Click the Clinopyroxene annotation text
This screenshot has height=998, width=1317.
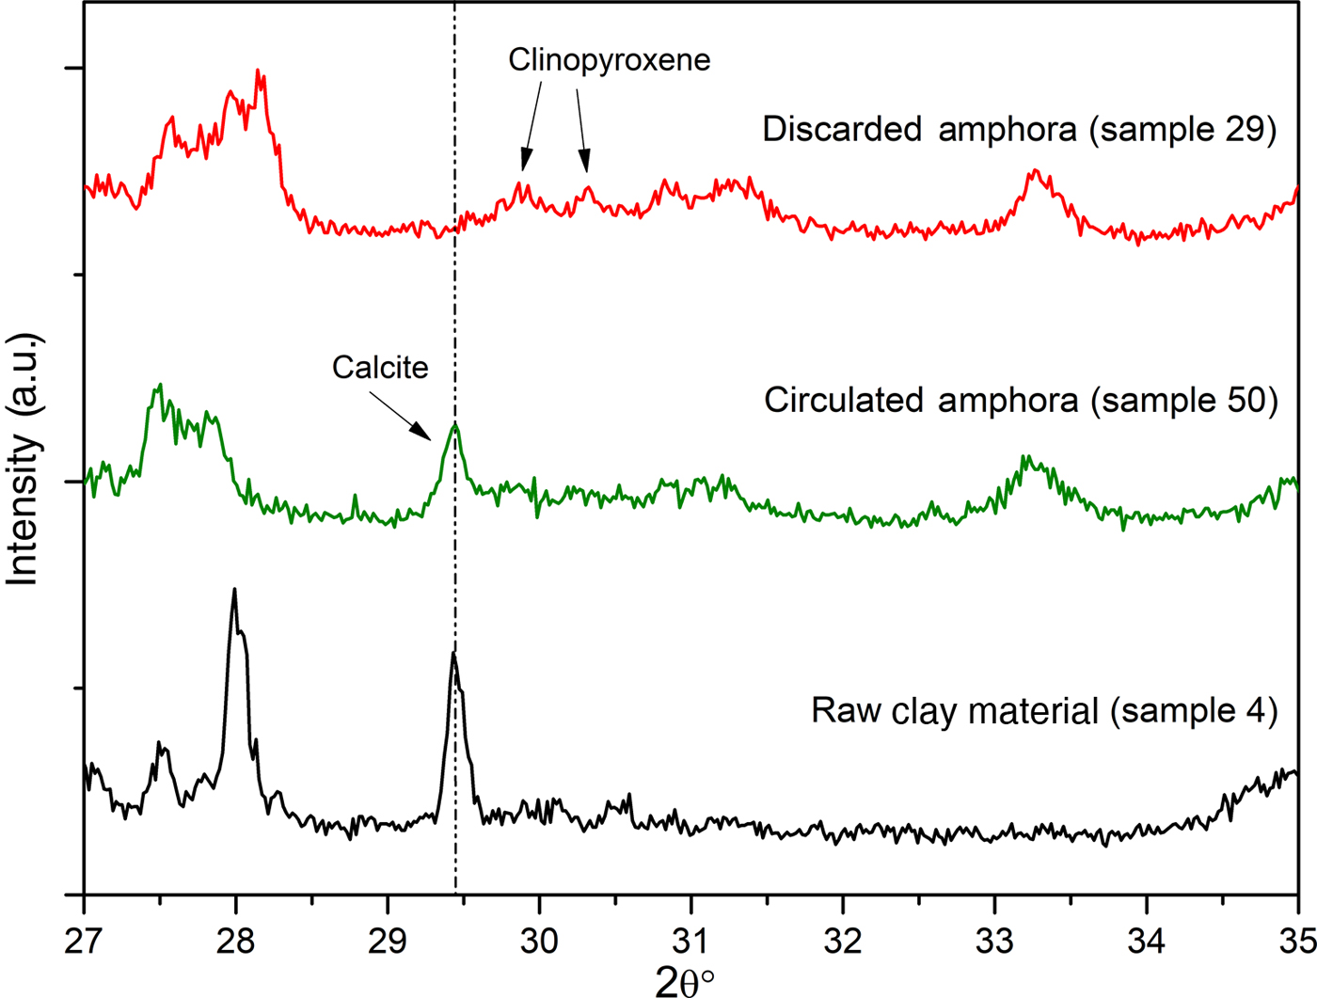click(x=610, y=60)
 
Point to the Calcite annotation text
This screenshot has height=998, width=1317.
click(x=380, y=367)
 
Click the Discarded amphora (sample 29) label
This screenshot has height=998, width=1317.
click(x=1020, y=129)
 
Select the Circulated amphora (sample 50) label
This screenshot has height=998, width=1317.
click(x=1021, y=400)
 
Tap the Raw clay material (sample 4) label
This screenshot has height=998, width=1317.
click(x=1044, y=710)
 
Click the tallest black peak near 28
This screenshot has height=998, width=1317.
click(x=234, y=590)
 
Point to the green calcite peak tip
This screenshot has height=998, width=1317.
click(x=455, y=425)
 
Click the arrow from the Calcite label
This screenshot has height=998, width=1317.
click(x=400, y=415)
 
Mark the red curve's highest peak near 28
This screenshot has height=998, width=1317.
click(x=259, y=71)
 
